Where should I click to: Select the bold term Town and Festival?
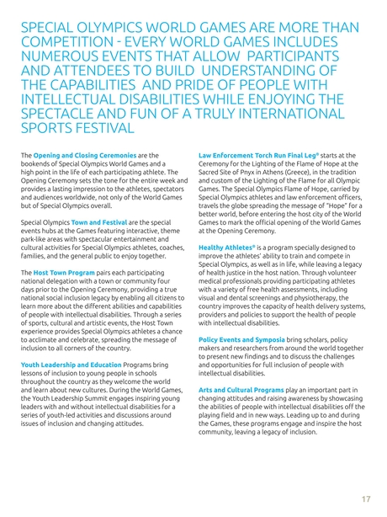[x=98, y=221]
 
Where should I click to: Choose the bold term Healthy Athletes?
[x=227, y=248]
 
